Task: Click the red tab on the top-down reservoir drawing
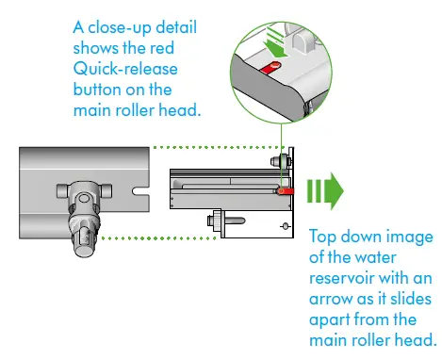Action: pos(285,191)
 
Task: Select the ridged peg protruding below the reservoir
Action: pos(214,222)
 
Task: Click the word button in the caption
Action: pos(99,90)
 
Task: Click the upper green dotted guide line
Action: pos(217,147)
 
